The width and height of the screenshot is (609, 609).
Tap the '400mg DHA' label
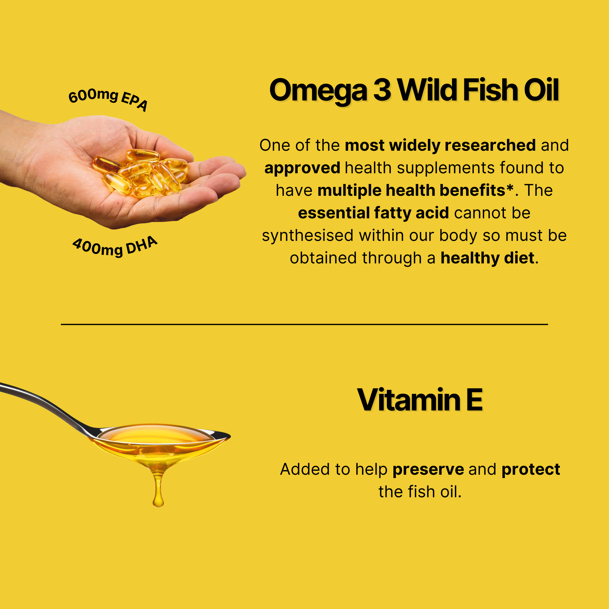click(x=115, y=247)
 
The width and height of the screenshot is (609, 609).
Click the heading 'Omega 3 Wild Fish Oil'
click(x=414, y=90)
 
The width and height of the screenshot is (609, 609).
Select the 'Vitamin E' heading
click(x=420, y=400)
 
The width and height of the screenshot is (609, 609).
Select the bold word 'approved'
click(x=302, y=168)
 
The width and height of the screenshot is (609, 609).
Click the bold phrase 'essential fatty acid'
click(x=374, y=213)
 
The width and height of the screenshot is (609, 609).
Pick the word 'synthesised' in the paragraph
click(x=308, y=235)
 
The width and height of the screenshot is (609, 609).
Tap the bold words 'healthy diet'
click(x=487, y=258)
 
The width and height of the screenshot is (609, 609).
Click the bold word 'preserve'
click(x=428, y=470)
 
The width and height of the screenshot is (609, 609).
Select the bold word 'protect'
click(x=531, y=469)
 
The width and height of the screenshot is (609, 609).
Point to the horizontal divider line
click(x=304, y=324)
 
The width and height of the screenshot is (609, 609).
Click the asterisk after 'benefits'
click(x=510, y=187)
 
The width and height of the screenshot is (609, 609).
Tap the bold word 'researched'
click(x=490, y=145)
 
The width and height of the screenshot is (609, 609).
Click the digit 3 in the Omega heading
click(x=382, y=90)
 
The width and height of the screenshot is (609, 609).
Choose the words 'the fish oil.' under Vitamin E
click(x=420, y=492)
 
